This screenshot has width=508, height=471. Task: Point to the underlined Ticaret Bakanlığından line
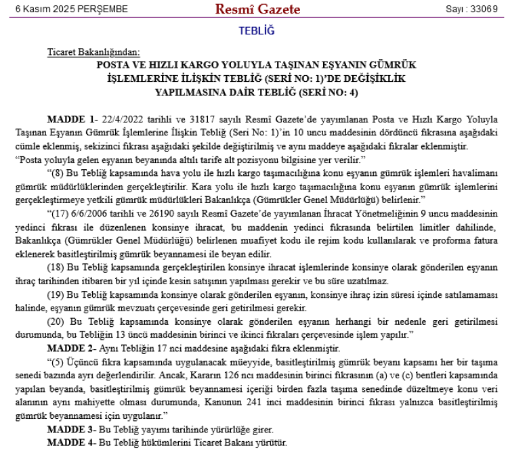(x=93, y=52)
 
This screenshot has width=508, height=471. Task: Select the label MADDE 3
(x=71, y=429)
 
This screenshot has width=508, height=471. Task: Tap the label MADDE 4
(x=71, y=443)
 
